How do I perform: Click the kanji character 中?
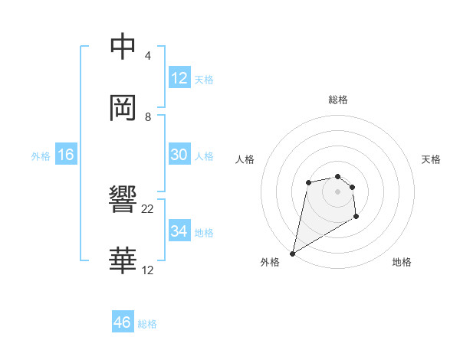coord(123,47)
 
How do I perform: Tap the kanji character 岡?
coord(123,108)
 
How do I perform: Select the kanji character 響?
coord(123,201)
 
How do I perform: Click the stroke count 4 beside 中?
coord(148,56)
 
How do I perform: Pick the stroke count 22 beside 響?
coord(148,209)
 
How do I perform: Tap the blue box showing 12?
coord(179,78)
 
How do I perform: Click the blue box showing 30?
coord(179,155)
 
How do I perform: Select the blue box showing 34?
coord(179,231)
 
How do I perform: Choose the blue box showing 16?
coord(66,155)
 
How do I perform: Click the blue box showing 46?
coord(123,322)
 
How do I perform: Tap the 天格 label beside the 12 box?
coord(204,80)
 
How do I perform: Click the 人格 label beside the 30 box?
coord(204,156)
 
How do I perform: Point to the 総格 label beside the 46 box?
coord(147,324)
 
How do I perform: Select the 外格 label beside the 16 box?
coord(41,156)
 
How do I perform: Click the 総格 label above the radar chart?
coord(338,100)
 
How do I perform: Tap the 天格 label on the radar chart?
coord(432,159)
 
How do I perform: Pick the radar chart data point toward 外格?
coord(292,253)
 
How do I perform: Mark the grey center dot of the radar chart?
coord(337,191)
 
